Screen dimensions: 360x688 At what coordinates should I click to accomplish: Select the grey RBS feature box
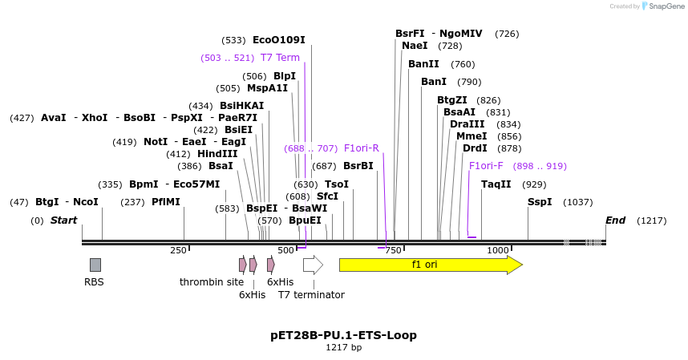95,265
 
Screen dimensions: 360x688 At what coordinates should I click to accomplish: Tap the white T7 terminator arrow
313,265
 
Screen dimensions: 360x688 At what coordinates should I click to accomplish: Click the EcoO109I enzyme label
278,40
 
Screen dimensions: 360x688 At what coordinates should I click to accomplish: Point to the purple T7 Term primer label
280,58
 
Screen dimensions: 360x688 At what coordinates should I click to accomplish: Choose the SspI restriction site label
540,202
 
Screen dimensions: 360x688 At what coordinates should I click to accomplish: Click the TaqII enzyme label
496,184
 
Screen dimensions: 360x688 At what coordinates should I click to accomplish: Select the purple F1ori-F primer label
486,166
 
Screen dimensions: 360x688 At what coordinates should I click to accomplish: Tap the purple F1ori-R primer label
361,148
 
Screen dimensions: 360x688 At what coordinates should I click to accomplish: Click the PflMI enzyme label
166,202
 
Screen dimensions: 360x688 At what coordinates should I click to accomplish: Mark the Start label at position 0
64,220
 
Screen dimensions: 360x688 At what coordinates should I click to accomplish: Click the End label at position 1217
615,220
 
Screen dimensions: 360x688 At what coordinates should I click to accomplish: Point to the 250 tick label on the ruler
178,251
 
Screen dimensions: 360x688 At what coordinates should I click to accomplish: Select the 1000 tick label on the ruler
498,251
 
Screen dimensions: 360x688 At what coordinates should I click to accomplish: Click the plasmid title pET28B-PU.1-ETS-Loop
343,334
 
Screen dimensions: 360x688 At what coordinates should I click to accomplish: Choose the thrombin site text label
211,282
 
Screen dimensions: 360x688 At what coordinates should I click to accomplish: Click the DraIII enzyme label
467,124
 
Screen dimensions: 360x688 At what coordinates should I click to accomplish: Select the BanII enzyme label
423,64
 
